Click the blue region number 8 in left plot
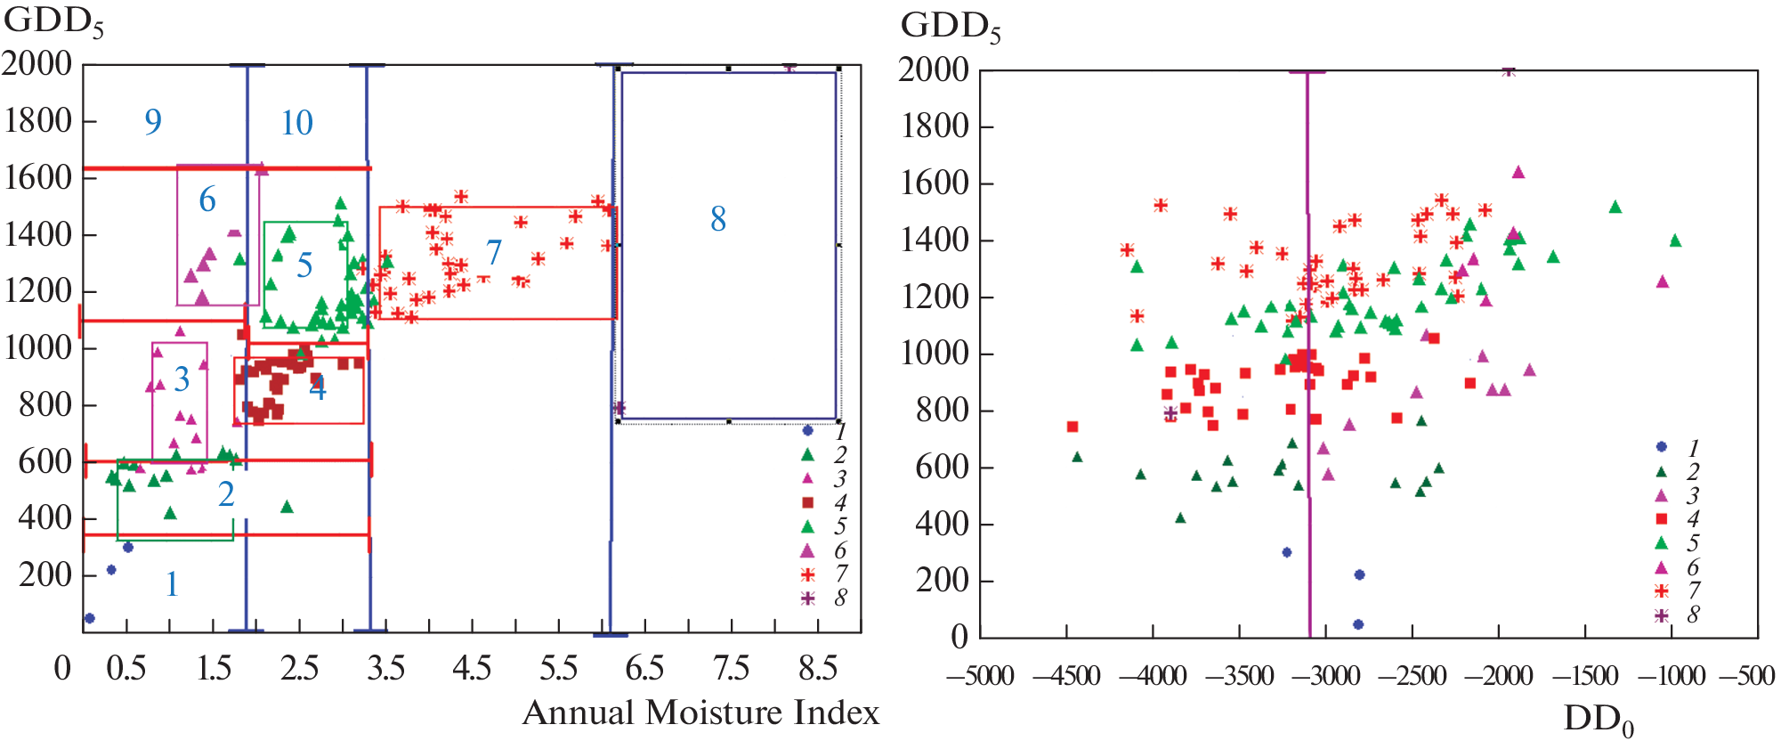[x=718, y=219]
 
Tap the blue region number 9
[x=153, y=121]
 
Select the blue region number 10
[x=296, y=123]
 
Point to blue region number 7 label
[x=494, y=253]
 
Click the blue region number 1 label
[x=172, y=584]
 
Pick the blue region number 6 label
[x=207, y=199]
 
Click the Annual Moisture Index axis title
[x=700, y=712]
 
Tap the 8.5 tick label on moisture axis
[x=818, y=668]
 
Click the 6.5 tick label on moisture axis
[x=644, y=668]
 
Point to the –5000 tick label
[x=980, y=676]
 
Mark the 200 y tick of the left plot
[x=45, y=575]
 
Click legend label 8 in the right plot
[x=1693, y=615]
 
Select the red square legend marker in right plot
[x=1661, y=518]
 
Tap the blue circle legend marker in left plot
[x=807, y=431]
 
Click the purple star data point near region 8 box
[x=619, y=408]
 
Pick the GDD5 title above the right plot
[x=951, y=27]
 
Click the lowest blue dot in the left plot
[x=89, y=618]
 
